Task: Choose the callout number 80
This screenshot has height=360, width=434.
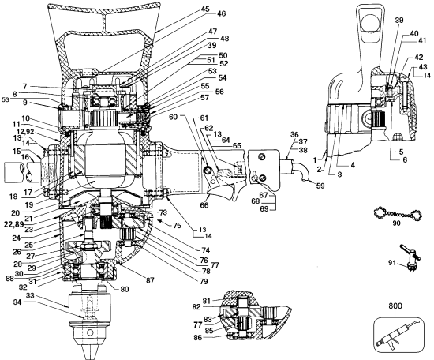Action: [x=125, y=287]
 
